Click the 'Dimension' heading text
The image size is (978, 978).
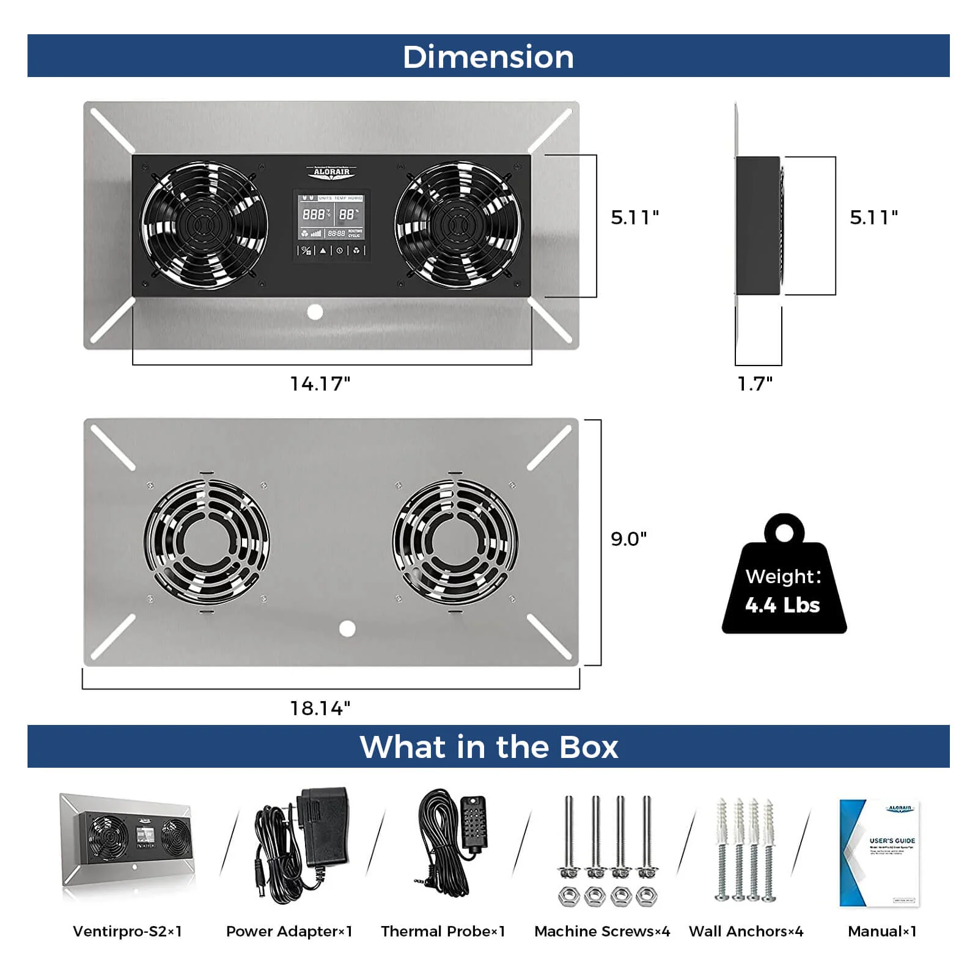488,57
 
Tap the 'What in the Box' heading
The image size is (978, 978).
488,746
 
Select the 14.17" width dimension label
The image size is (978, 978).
320,384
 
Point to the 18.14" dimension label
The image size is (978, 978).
320,708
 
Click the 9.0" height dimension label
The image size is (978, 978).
628,539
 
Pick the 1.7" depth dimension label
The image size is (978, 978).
755,384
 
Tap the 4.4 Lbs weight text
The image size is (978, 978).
782,605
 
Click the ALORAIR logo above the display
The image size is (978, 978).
331,172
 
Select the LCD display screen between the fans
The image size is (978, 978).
332,218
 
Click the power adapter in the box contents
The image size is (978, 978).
303,847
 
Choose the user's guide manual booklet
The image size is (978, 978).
880,853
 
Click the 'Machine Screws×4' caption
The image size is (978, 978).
602,931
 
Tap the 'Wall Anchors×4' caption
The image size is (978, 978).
746,931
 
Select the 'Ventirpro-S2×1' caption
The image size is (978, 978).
127,931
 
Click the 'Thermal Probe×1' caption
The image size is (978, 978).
443,931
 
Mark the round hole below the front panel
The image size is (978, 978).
315,312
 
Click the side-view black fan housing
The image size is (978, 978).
758,226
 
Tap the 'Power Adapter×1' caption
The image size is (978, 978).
289,931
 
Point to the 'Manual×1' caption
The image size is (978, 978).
882,931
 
